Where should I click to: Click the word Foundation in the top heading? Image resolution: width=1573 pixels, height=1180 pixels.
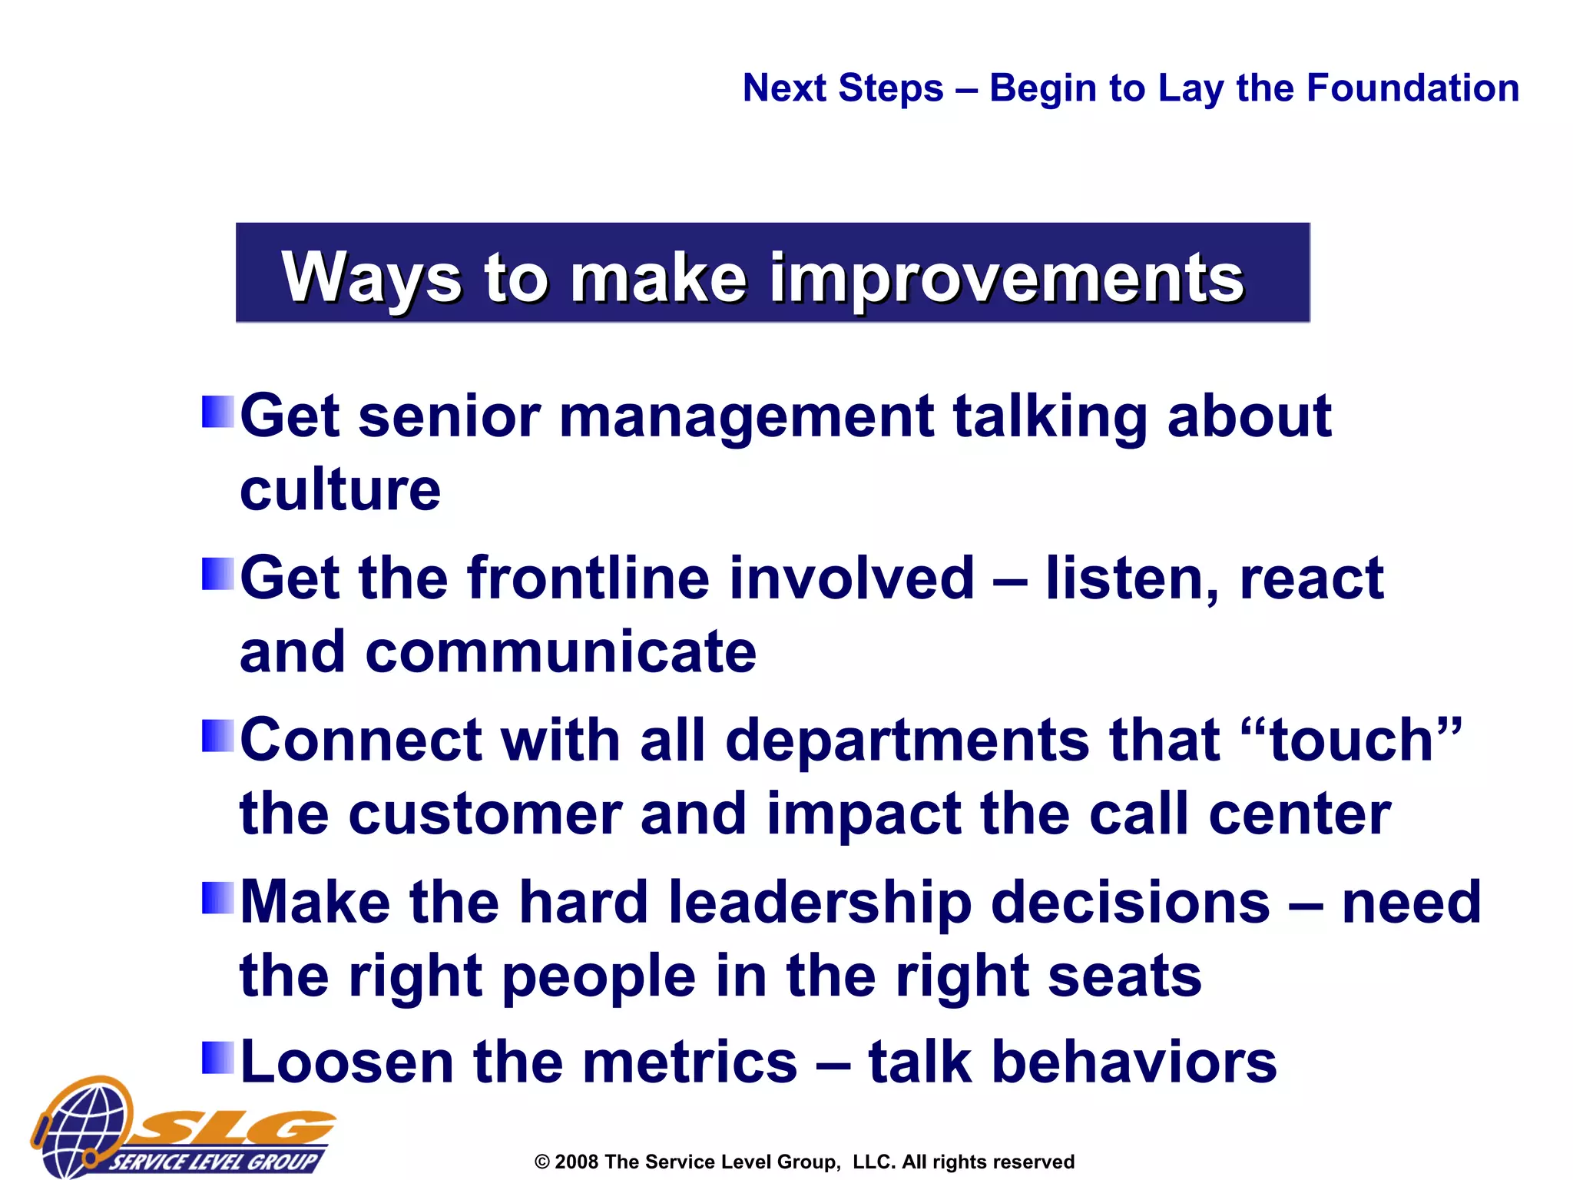(1412, 88)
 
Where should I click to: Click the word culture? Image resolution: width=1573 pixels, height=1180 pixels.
(340, 489)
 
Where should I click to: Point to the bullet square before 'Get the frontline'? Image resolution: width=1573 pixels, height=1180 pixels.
(217, 574)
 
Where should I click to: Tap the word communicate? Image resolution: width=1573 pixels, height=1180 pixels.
(561, 651)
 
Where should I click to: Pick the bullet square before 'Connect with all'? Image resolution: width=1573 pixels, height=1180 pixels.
(217, 735)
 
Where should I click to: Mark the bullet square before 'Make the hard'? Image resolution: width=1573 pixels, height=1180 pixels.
(217, 897)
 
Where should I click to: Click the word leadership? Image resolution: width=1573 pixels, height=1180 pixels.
(820, 902)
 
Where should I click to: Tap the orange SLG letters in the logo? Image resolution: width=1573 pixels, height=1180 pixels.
(238, 1128)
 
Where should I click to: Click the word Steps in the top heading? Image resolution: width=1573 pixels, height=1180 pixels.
(891, 88)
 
